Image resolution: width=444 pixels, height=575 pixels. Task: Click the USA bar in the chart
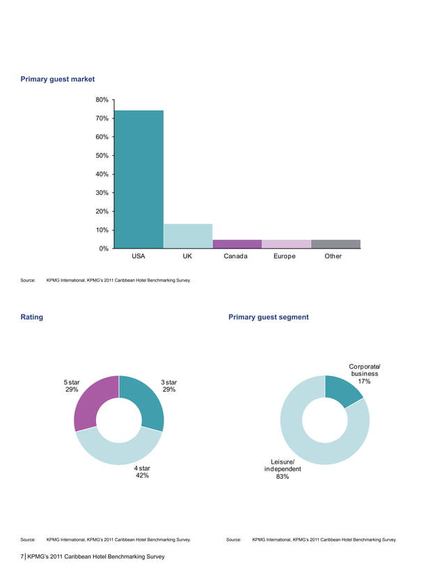tap(138, 179)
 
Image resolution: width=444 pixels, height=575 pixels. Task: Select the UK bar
tap(188, 236)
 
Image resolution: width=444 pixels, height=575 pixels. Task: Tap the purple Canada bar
tap(237, 244)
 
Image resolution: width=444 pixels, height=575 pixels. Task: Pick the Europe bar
tap(286, 244)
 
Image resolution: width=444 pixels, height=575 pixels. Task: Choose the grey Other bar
tap(335, 244)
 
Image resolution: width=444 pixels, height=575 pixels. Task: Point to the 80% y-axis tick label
tap(102, 100)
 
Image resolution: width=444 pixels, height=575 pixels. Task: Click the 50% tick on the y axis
tap(102, 155)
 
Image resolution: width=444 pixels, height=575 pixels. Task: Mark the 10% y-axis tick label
tap(102, 230)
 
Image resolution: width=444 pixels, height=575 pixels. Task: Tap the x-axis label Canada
tap(237, 256)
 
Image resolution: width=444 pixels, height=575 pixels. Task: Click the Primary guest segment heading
tap(268, 317)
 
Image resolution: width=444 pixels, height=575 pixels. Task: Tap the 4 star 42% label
tap(142, 472)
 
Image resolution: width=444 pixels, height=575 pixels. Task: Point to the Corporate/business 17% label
tap(364, 374)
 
